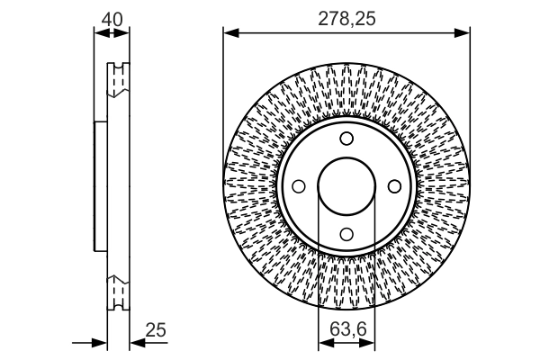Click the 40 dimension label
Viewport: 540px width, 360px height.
112,17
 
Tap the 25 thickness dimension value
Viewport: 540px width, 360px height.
156,330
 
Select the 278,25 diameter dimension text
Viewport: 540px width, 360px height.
347,17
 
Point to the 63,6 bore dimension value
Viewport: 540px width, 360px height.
347,330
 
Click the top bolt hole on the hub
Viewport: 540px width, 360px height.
346,139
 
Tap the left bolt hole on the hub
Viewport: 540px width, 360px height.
300,186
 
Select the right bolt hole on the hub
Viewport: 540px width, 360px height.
393,186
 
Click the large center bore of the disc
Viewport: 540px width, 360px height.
346,186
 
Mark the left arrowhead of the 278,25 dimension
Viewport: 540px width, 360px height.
229,33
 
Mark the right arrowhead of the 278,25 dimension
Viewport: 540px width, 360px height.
464,33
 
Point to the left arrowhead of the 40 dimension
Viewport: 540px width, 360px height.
99,33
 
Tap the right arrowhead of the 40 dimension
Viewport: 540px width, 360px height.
124,33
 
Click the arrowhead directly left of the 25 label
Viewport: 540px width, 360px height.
136,343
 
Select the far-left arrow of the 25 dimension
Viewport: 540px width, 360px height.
101,343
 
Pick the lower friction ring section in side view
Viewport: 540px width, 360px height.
118,293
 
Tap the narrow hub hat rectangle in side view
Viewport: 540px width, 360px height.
101,186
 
